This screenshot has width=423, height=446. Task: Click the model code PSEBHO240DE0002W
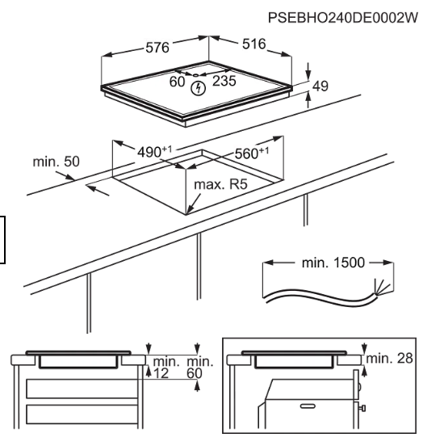[x=343, y=18]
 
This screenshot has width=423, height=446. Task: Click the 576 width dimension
[x=157, y=48]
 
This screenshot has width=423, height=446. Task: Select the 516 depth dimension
[x=253, y=44]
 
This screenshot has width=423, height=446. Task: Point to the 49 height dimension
[x=320, y=86]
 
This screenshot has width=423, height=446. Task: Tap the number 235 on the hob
[x=224, y=81]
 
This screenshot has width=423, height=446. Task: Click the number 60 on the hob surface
[x=177, y=82]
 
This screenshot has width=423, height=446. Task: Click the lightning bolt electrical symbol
[x=198, y=88]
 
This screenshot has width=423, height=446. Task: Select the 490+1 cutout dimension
[x=155, y=151]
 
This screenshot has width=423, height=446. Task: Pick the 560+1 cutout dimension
[x=252, y=153]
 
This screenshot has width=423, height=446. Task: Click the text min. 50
[x=56, y=162]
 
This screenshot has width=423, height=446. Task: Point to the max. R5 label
[x=220, y=184]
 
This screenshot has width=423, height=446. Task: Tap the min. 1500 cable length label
[x=333, y=263]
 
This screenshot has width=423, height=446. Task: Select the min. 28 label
[x=389, y=359]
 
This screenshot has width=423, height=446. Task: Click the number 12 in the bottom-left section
[x=161, y=373]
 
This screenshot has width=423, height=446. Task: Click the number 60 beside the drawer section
[x=195, y=373]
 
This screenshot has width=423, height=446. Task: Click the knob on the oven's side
[x=362, y=409]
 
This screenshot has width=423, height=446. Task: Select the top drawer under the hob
[x=82, y=389]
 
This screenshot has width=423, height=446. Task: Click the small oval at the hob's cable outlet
[x=196, y=75]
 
